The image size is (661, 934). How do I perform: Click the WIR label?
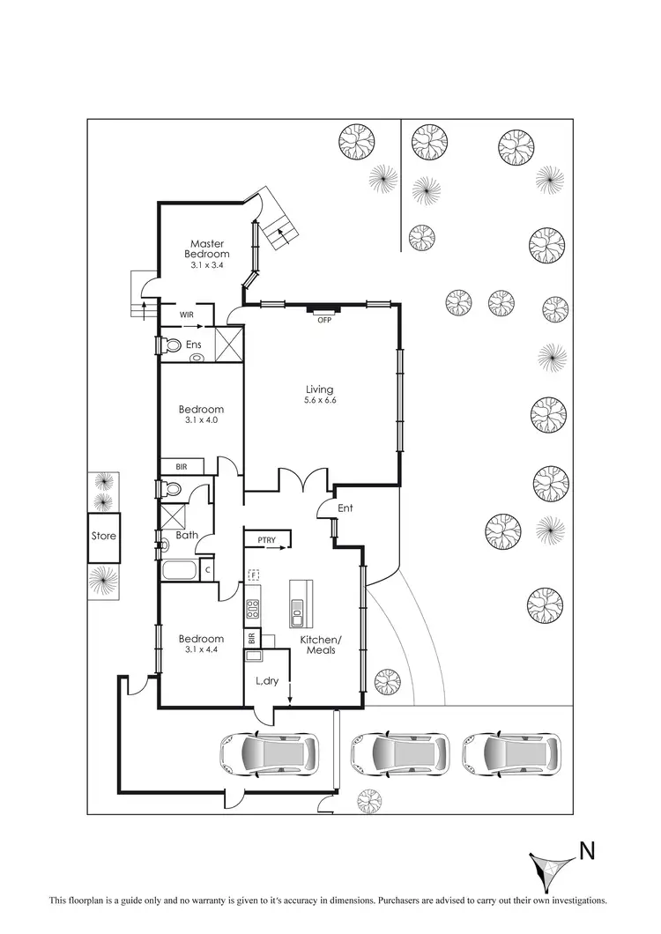[187, 315]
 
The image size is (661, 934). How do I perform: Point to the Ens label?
[194, 345]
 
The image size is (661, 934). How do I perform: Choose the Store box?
[104, 536]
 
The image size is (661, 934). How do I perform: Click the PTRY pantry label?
[268, 540]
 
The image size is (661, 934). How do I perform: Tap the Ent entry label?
[345, 508]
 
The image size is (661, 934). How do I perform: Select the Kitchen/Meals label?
[318, 645]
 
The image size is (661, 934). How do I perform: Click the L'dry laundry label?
[266, 681]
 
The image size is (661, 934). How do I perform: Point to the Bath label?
[187, 535]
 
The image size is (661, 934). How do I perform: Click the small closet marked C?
[207, 570]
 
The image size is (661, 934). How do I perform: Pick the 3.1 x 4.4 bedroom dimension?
[201, 650]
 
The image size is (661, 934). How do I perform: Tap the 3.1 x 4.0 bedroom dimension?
[201, 420]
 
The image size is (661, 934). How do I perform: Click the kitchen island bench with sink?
[297, 600]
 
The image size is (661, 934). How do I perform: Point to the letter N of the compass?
[587, 851]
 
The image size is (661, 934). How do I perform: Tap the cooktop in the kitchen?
[252, 607]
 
